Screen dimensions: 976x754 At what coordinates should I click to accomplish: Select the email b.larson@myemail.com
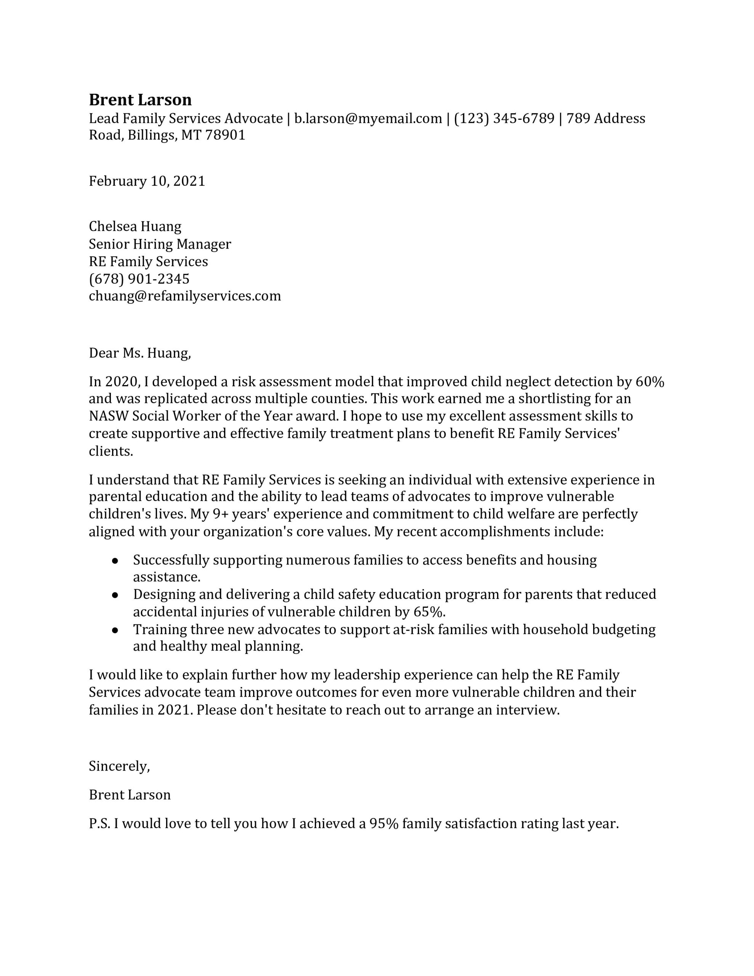coord(368,119)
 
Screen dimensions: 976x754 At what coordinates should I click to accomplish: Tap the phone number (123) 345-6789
coord(504,119)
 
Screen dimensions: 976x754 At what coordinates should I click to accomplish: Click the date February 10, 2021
coord(147,181)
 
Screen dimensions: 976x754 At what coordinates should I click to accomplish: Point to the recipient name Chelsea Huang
coord(135,226)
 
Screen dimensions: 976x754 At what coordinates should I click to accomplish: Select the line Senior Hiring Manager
coord(160,244)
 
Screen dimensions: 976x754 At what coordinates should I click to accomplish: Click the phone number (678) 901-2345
coord(139,279)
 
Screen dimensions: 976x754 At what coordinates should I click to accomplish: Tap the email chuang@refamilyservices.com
coord(184,296)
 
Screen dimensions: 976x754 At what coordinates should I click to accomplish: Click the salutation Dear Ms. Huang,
coord(140,353)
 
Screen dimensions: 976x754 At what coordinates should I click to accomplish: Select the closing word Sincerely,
coord(119,766)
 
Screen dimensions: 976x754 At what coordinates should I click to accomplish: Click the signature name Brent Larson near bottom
coord(130,795)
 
